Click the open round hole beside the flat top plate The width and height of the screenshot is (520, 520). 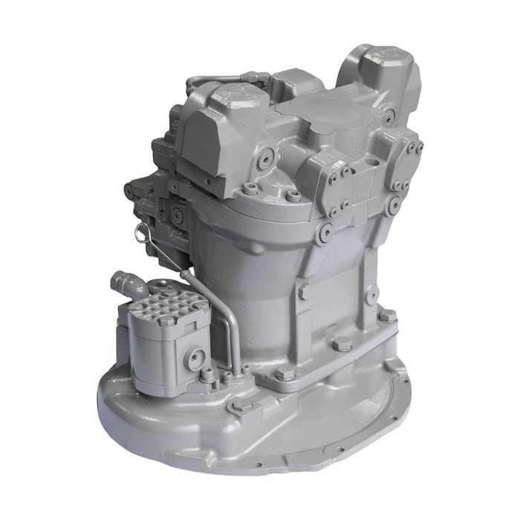point(389,117)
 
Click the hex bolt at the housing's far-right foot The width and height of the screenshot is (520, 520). point(386,315)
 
